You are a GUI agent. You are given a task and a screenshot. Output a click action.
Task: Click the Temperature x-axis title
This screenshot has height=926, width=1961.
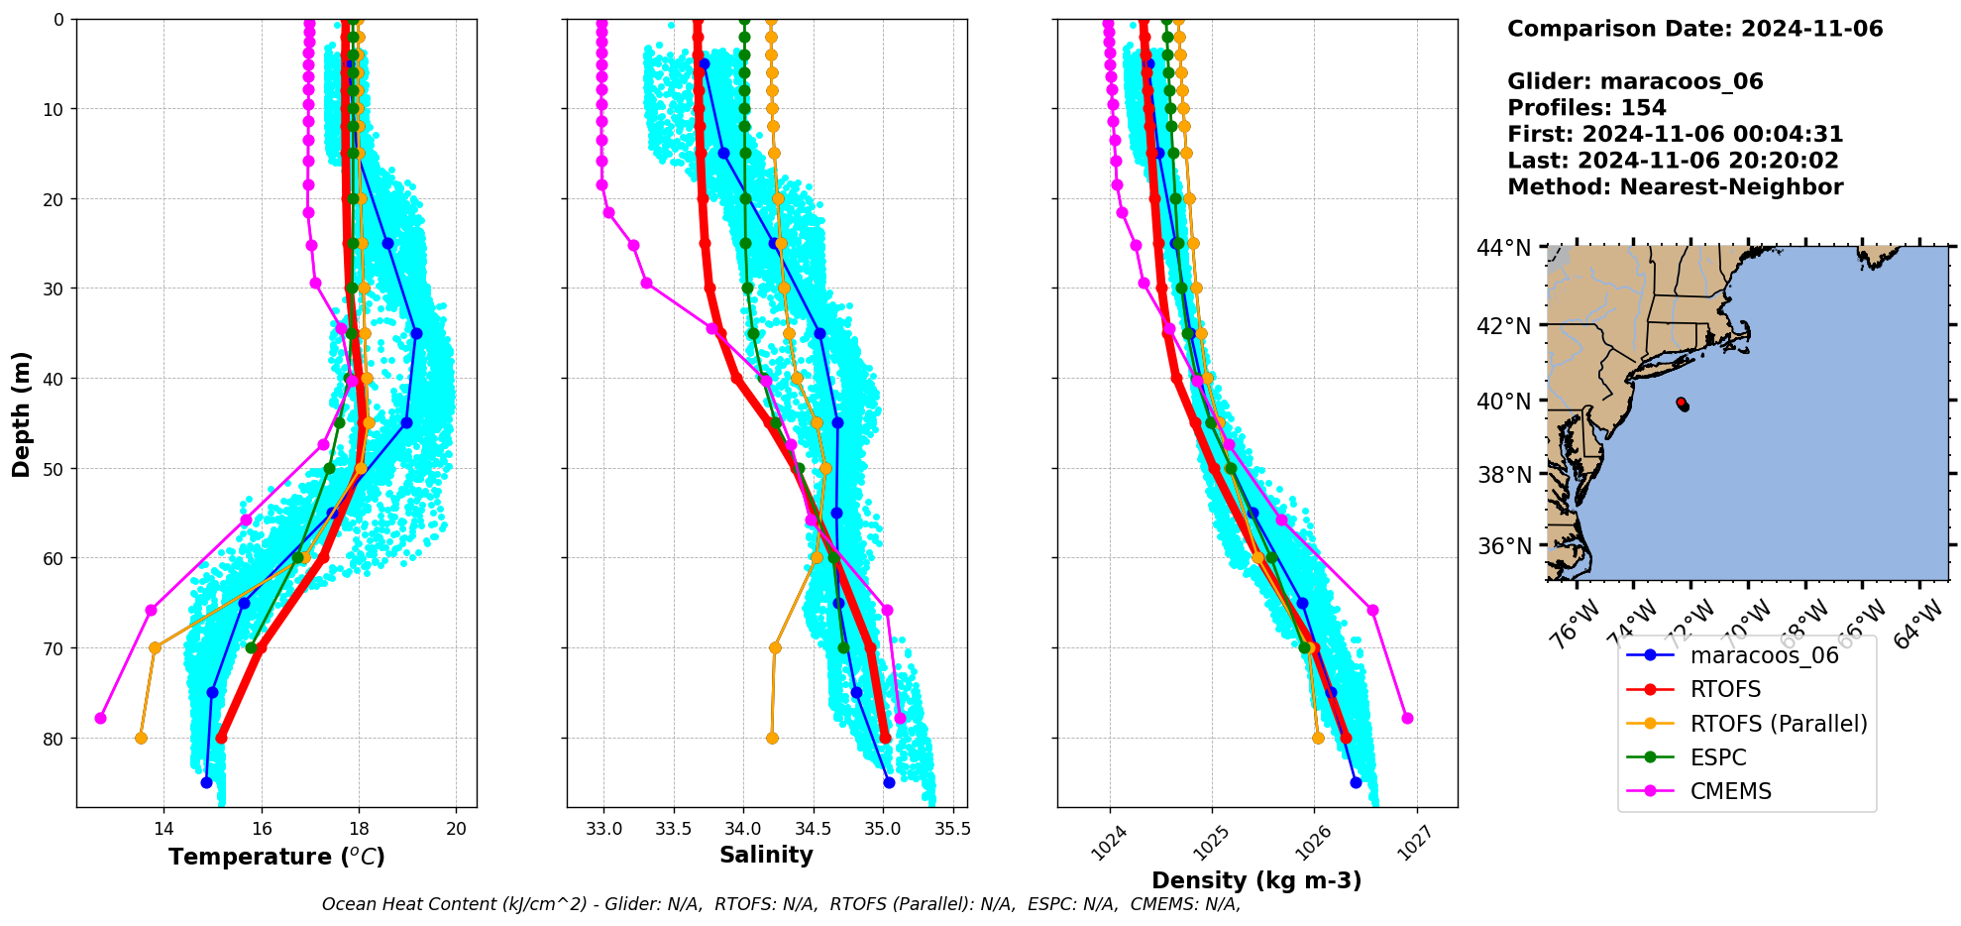[276, 857]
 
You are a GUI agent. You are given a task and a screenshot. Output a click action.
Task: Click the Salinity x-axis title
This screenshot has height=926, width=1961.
[766, 855]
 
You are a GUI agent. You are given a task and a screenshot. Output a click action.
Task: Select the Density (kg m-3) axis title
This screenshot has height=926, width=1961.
[1256, 880]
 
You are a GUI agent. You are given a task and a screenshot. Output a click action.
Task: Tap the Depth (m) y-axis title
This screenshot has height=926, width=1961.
[22, 414]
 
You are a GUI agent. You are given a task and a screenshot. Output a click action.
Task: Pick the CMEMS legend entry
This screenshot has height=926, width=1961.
[1730, 791]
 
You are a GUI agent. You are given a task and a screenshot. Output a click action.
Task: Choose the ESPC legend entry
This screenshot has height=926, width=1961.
[1718, 757]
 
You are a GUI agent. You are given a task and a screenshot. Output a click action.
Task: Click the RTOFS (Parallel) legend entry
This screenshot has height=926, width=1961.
[1779, 724]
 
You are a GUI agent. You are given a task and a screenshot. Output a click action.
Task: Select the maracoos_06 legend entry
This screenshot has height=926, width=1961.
[1764, 655]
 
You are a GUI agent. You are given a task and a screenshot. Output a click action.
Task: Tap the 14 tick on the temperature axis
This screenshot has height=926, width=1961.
[164, 829]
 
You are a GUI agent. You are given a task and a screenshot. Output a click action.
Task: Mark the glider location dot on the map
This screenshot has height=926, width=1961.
[1683, 405]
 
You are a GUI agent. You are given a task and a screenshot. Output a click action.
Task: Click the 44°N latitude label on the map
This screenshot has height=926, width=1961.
[1503, 248]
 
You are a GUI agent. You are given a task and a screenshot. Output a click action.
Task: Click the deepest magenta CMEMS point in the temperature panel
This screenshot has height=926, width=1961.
[100, 718]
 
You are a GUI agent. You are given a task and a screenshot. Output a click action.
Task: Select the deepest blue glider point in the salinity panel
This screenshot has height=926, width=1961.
[889, 782]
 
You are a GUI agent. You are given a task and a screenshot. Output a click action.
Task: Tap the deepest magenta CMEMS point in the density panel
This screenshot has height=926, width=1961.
[1407, 718]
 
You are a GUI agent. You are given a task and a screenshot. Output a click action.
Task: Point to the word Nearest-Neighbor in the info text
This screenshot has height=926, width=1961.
[1732, 187]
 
